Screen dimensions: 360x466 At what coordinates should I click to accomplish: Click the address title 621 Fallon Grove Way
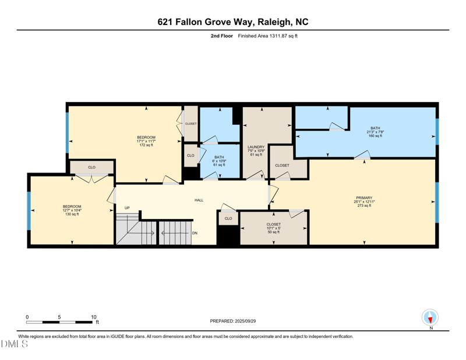tap(233, 22)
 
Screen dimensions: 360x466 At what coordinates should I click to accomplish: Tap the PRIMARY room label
tap(364, 198)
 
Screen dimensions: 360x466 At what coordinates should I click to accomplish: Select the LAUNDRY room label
tap(256, 147)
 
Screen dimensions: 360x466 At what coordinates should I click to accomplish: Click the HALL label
tap(199, 200)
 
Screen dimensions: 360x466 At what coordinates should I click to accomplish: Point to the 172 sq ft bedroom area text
tap(146, 145)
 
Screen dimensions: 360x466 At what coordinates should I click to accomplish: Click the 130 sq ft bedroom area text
tap(72, 214)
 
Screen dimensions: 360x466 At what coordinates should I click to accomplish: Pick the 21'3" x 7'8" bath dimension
tap(375, 132)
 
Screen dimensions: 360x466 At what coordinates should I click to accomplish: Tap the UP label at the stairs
tap(127, 208)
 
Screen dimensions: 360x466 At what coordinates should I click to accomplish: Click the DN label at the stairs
tap(195, 233)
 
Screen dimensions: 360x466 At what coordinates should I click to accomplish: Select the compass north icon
tap(430, 317)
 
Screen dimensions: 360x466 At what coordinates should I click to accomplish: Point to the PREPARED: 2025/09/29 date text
tap(232, 321)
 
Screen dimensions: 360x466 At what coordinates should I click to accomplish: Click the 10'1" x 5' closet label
tap(273, 228)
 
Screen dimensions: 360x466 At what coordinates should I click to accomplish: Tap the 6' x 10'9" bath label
tap(219, 161)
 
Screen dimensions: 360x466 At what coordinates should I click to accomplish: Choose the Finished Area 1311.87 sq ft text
tap(268, 36)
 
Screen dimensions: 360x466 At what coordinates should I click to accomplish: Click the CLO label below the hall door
tap(228, 218)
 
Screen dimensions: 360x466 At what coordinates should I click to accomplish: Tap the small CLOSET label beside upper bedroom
tap(191, 123)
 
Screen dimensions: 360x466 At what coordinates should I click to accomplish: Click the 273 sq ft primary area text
tap(364, 206)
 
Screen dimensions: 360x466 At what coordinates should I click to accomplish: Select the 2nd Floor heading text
tap(222, 36)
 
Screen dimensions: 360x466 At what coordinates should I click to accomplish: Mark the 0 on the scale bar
tap(27, 317)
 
